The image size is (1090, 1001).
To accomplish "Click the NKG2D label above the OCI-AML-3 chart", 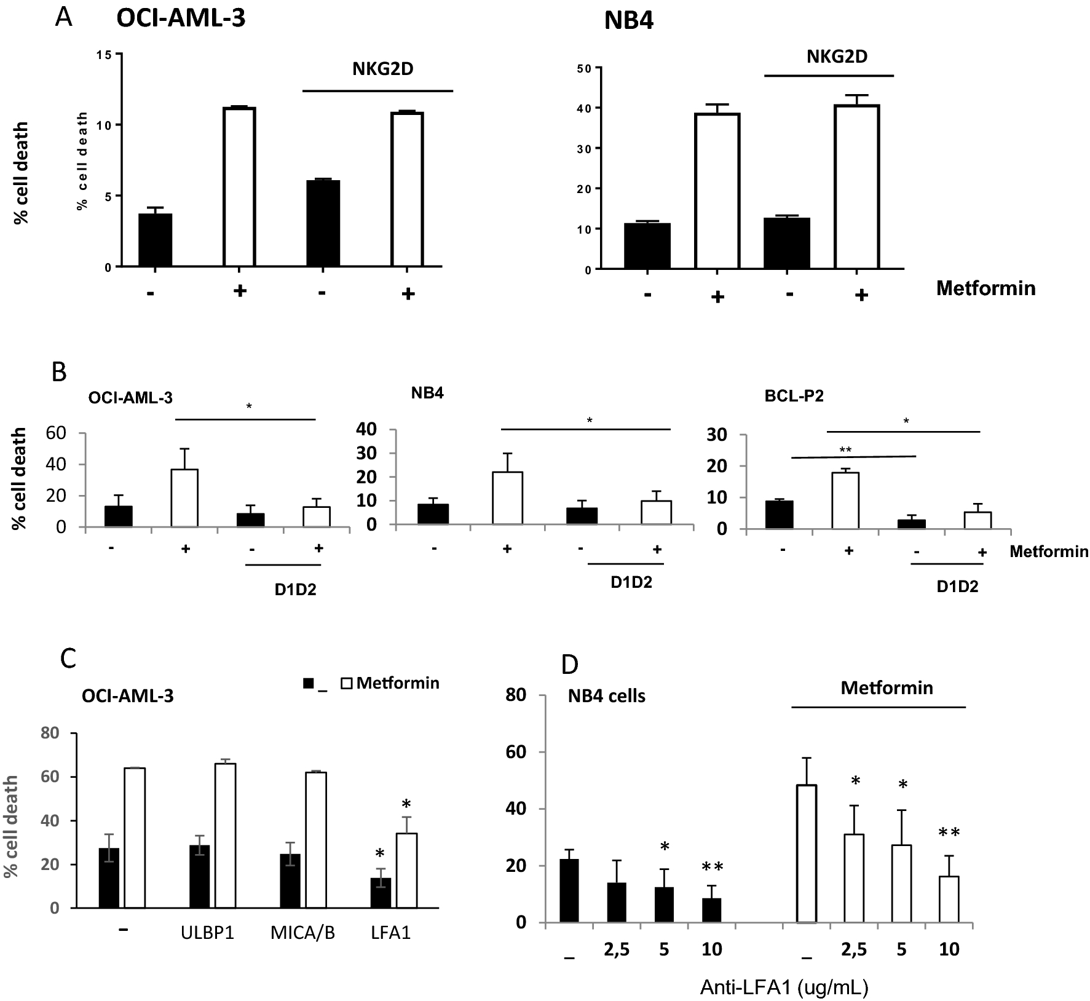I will coord(382,69).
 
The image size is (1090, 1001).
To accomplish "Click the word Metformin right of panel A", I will coord(985,288).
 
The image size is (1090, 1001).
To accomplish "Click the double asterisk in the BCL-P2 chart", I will coord(845,450).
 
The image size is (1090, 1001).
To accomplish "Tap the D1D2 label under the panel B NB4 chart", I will coord(631,582).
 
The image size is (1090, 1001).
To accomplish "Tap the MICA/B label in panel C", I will coord(302,933).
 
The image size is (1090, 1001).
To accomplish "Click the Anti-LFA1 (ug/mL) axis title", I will coord(784,987).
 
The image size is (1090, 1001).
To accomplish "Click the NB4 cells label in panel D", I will coord(607,696).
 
